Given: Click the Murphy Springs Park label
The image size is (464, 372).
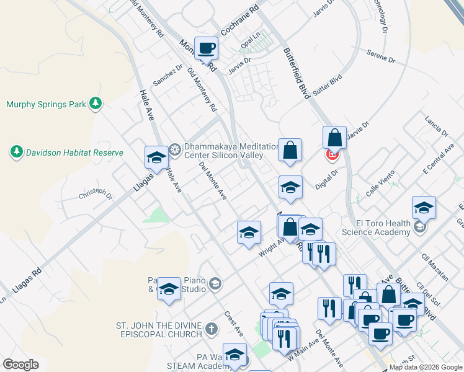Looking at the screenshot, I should pos(46,104).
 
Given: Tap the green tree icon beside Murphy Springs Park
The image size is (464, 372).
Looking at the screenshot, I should pos(95,104).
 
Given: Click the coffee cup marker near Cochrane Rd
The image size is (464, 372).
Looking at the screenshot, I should pos(206,47).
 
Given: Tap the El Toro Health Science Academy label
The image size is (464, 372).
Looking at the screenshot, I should pos(376,228).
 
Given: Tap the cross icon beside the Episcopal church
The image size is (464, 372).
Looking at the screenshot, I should pos(212,329).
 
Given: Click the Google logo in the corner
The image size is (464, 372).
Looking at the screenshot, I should pos(20,365).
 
